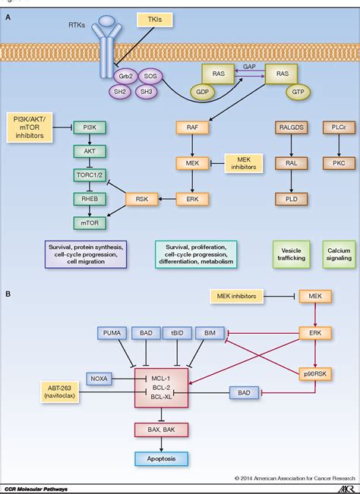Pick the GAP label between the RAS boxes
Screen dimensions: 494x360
coord(250,68)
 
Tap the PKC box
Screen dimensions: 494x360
coord(333,162)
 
